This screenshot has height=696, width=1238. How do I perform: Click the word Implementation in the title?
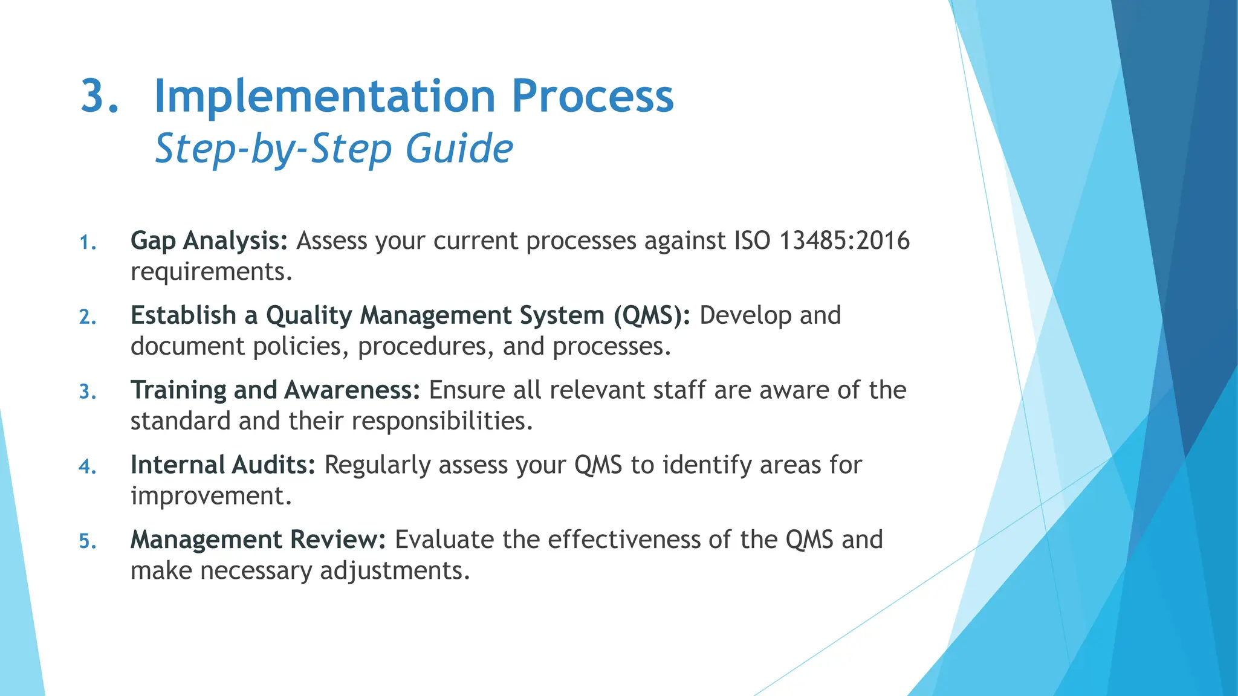325,97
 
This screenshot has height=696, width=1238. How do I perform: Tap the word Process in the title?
592,97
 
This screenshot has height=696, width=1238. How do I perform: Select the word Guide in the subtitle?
459,149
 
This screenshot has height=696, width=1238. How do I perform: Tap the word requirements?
212,272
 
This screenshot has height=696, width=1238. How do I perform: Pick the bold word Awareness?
352,390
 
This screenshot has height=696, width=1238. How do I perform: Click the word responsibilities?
442,421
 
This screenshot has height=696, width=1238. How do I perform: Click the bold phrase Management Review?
258,540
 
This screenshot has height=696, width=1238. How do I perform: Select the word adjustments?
395,571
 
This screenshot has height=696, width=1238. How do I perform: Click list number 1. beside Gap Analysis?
88,243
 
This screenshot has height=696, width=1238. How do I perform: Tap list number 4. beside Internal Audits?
88,467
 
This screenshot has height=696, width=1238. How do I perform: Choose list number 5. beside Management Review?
88,541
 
